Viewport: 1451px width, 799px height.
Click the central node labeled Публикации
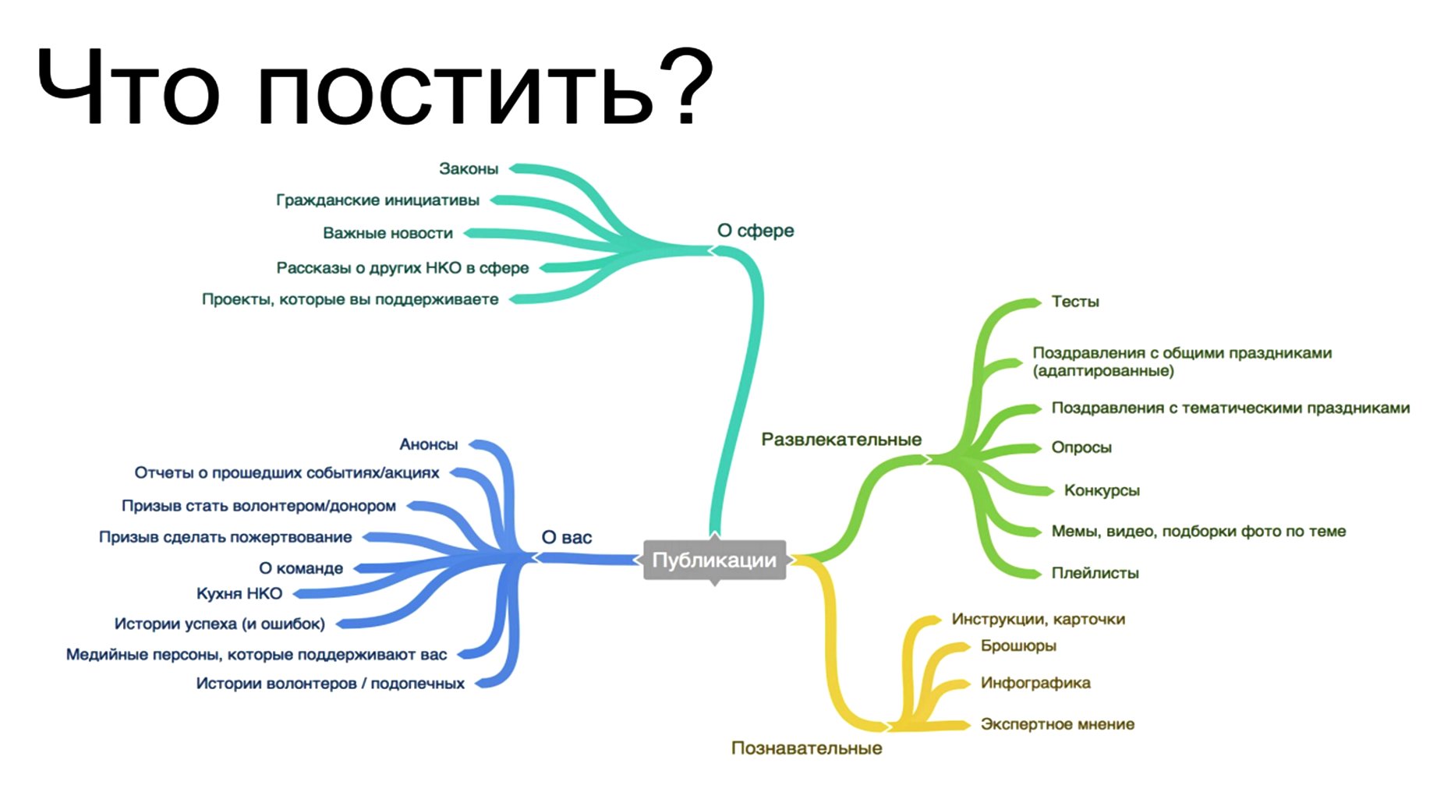click(714, 560)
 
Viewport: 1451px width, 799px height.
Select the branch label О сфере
click(755, 231)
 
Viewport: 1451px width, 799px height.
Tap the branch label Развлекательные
click(841, 440)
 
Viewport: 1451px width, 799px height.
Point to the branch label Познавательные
click(806, 748)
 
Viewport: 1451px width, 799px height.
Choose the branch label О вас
click(566, 537)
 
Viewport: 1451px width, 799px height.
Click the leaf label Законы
click(468, 168)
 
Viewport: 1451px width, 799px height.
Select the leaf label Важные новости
click(388, 233)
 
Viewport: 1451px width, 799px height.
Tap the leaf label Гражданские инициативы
click(377, 200)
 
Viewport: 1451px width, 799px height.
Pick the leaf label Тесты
click(1074, 302)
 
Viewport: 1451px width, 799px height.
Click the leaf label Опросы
click(1081, 447)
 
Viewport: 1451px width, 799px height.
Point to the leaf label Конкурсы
click(1101, 490)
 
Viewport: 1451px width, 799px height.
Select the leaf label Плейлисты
click(1095, 573)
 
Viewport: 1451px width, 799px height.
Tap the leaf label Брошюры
click(1018, 645)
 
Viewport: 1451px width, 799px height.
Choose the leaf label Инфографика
click(1035, 683)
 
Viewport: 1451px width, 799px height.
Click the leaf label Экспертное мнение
click(1056, 724)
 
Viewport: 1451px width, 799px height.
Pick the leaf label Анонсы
click(428, 444)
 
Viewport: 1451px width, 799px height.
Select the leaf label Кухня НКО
click(239, 593)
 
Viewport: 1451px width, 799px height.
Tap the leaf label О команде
click(300, 568)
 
